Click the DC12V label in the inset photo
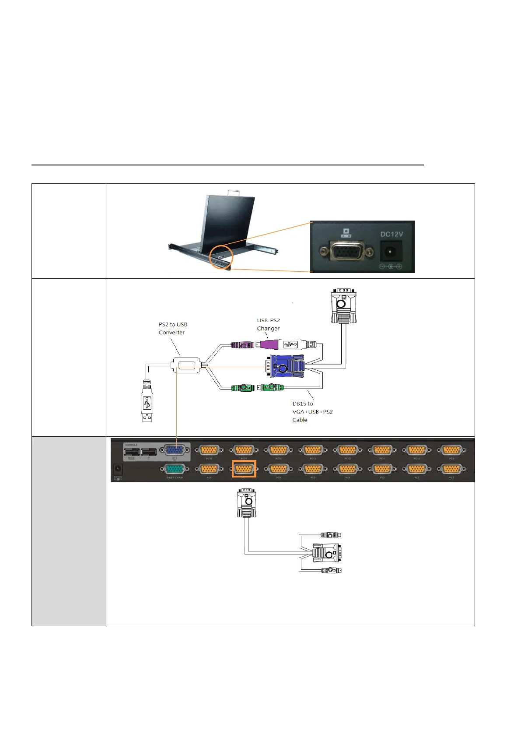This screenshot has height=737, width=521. (392, 234)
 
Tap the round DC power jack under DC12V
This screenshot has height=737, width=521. (387, 252)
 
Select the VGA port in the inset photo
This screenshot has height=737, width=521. (346, 252)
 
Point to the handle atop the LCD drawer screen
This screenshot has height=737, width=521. (234, 192)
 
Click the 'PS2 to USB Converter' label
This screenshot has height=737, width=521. (172, 328)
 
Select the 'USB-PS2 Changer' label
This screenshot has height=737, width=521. (268, 324)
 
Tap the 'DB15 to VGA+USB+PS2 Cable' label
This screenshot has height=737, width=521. (312, 411)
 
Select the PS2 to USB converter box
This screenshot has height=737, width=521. (187, 365)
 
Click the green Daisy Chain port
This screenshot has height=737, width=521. (175, 469)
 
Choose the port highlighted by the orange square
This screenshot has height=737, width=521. (244, 469)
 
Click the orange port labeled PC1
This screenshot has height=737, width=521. (451, 469)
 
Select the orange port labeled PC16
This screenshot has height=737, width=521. (209, 450)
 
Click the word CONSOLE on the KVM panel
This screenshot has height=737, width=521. (131, 445)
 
